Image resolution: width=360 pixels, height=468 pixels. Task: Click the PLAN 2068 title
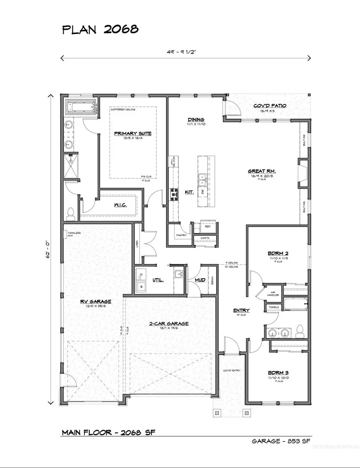[x=100, y=30]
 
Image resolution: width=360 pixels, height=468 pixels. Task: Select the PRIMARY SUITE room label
[x=133, y=133]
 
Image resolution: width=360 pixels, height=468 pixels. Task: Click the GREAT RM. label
[x=262, y=172]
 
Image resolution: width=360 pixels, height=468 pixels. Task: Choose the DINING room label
[x=196, y=119]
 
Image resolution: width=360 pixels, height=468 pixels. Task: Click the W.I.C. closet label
[x=120, y=205]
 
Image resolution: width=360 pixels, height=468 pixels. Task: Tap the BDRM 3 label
[x=278, y=372]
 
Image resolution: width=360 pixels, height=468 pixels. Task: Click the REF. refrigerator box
[x=208, y=226]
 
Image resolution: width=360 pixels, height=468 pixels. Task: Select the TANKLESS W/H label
[x=74, y=234]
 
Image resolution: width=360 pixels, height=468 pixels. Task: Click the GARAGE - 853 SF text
[x=281, y=441]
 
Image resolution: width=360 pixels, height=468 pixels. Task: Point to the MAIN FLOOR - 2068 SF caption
[x=108, y=432]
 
